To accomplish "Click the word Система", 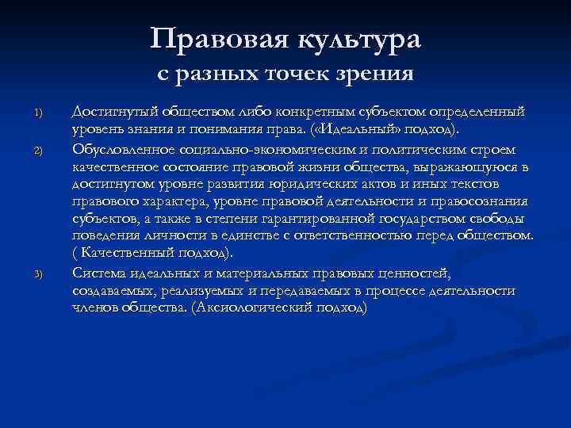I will tap(98, 273).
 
